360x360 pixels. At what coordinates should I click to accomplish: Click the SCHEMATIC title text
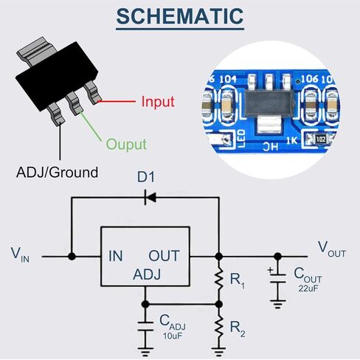[180, 16]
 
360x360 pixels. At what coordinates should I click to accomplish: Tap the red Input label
[158, 102]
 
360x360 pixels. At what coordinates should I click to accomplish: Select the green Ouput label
[126, 145]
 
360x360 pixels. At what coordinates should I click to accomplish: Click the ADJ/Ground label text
[57, 173]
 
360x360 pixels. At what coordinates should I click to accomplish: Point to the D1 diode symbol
[150, 197]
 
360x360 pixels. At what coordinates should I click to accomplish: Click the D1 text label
[146, 177]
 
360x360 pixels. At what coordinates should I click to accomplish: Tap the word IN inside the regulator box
[116, 256]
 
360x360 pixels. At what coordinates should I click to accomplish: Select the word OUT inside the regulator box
[164, 256]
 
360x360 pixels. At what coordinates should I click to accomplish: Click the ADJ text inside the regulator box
[147, 274]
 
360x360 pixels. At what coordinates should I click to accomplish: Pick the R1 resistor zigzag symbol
[218, 280]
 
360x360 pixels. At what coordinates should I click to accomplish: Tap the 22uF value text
[308, 288]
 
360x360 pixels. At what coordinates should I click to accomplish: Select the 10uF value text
[173, 336]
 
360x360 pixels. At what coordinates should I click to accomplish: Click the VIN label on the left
[20, 255]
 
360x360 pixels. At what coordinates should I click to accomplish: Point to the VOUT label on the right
[332, 249]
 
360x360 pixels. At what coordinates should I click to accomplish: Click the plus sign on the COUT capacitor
[271, 270]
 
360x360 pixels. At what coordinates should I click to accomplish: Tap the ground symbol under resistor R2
[218, 352]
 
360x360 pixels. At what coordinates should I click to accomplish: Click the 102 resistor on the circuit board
[321, 139]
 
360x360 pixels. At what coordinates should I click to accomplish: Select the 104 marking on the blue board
[228, 79]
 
